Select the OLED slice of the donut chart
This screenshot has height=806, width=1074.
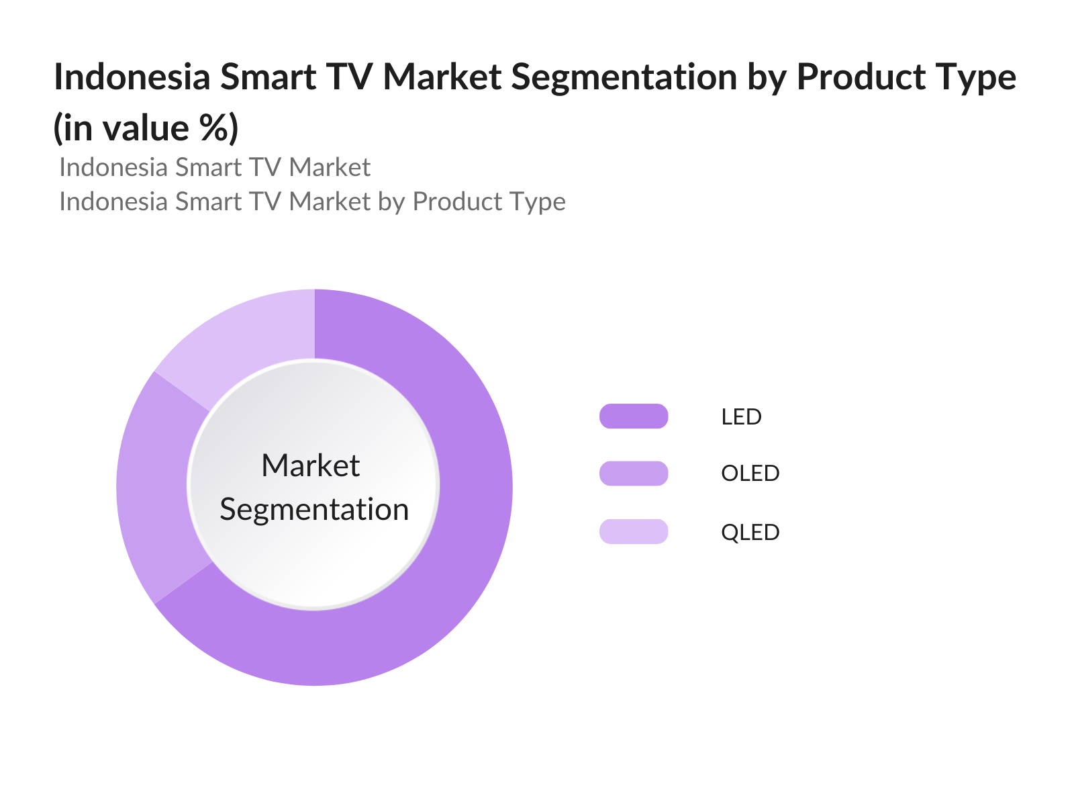pos(152,487)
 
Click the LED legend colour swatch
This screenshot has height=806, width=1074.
pos(634,416)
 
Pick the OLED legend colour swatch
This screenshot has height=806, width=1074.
pos(634,474)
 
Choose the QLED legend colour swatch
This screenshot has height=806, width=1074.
pos(634,531)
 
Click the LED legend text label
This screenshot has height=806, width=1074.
pos(741,417)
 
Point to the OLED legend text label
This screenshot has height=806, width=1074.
pos(750,474)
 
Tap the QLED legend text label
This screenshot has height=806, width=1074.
pos(750,532)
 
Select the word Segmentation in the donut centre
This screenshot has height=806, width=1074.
pos(314,510)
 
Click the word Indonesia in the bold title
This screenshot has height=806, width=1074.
pos(132,77)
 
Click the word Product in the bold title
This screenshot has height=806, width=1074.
pos(861,77)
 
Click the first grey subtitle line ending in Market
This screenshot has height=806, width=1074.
pos(215,167)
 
